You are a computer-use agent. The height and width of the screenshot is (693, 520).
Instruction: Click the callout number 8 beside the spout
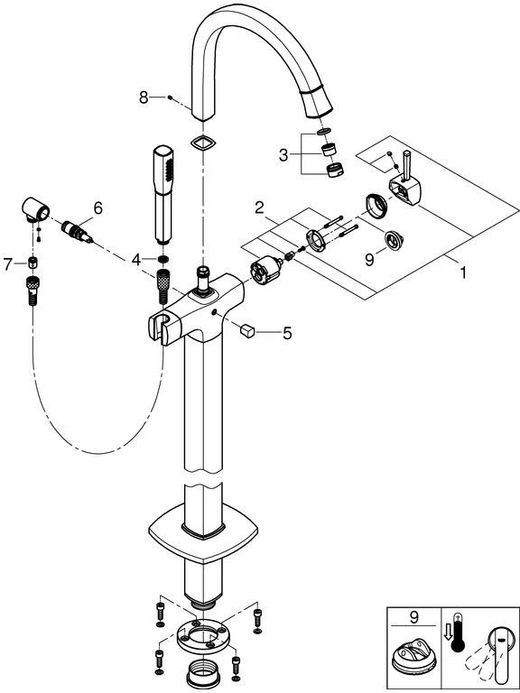[x=144, y=97]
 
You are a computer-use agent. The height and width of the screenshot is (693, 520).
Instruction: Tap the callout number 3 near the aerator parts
[x=283, y=155]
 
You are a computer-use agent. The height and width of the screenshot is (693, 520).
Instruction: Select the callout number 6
[x=97, y=208]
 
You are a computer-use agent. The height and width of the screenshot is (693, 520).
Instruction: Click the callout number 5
[x=287, y=333]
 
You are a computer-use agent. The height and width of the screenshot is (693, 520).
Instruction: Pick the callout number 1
[x=462, y=273]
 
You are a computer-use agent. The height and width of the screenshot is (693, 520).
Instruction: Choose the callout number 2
[x=259, y=208]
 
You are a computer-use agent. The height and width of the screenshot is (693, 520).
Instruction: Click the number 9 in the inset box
[x=413, y=617]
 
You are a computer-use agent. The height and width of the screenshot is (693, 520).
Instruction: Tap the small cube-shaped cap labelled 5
[x=247, y=330]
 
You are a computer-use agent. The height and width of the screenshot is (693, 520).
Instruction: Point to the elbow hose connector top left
[x=35, y=209]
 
